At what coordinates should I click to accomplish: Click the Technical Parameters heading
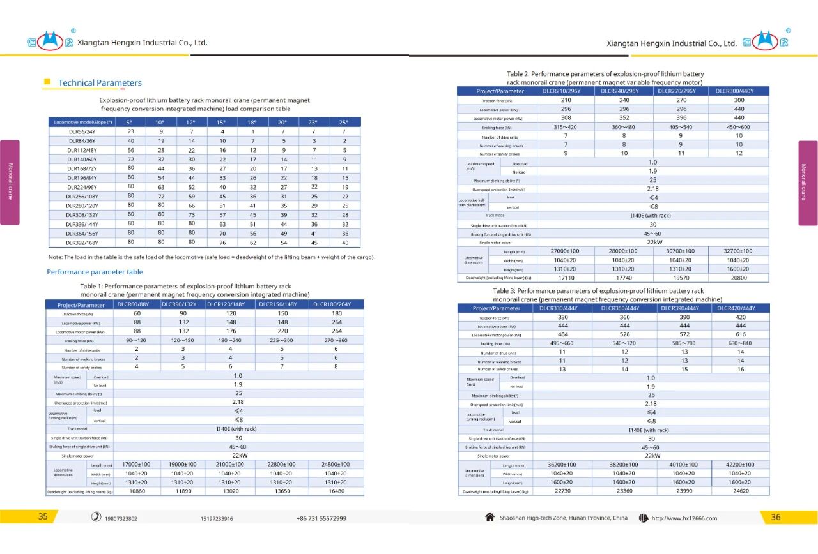pyautogui.click(x=100, y=83)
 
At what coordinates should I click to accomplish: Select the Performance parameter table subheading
pyautogui.click(x=95, y=272)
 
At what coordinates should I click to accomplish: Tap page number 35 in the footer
pyautogui.click(x=43, y=517)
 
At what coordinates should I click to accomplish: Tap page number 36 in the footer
pyautogui.click(x=775, y=517)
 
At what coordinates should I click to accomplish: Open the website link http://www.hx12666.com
pyautogui.click(x=684, y=518)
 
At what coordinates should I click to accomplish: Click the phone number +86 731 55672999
pyautogui.click(x=321, y=518)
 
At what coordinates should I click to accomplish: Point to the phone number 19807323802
pyautogui.click(x=121, y=518)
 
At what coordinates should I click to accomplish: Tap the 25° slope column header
pyautogui.click(x=344, y=122)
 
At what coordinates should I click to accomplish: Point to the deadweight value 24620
pyautogui.click(x=741, y=491)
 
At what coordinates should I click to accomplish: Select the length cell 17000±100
pyautogui.click(x=136, y=464)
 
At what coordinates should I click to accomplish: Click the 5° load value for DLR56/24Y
pyautogui.click(x=131, y=131)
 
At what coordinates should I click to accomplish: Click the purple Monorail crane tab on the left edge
pyautogui.click(x=10, y=182)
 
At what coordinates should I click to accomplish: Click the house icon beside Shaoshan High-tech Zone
pyautogui.click(x=490, y=517)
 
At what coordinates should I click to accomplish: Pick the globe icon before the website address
pyautogui.click(x=643, y=518)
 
